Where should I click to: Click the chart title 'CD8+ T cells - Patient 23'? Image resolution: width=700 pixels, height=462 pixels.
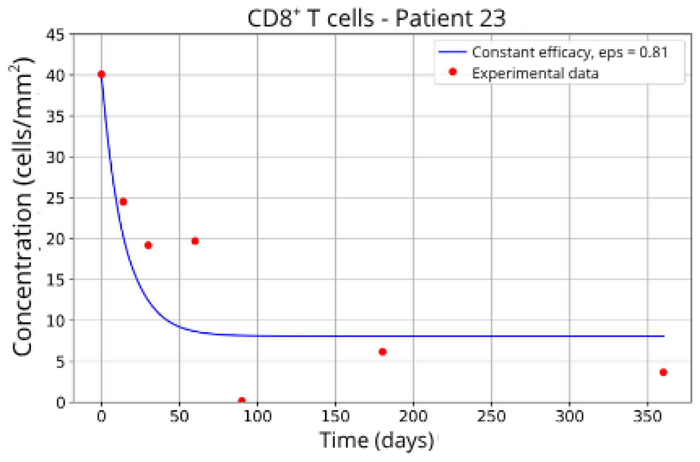376,18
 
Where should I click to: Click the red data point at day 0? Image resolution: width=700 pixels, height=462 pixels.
101,74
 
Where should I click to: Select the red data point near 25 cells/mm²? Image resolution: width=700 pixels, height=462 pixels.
123,202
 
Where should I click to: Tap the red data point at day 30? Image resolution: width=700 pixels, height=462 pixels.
148,245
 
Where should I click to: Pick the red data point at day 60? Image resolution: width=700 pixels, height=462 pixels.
195,241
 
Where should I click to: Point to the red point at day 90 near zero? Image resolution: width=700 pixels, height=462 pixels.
241,400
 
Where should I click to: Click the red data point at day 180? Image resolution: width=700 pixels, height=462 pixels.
382,352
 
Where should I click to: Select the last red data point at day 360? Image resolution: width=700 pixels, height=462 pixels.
663,372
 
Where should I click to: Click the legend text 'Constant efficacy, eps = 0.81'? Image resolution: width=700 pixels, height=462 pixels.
569,53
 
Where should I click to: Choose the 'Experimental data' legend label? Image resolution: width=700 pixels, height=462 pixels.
535,74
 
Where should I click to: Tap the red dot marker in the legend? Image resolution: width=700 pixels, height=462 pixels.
453,72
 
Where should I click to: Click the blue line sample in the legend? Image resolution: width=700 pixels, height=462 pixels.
452,52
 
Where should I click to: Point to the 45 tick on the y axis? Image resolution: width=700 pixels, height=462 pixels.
55,35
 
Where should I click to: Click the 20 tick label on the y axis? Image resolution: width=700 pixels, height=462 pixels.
55,239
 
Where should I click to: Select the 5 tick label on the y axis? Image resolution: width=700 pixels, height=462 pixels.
60,362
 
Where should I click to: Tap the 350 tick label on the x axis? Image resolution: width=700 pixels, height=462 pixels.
647,416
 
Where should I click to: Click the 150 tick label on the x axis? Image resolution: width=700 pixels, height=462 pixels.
335,416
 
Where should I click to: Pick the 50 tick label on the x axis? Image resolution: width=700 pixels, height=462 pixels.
179,416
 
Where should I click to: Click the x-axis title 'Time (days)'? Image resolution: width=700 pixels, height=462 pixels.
376,440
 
